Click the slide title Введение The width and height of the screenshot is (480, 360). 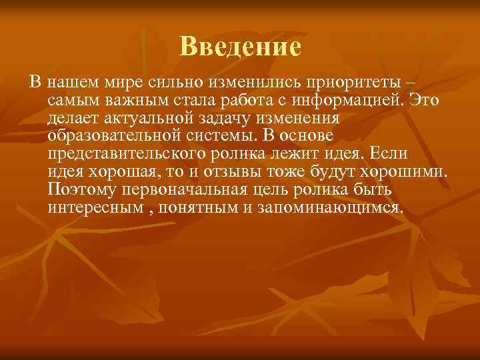pyautogui.click(x=240, y=47)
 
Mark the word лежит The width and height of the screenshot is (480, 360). pyautogui.click(x=310, y=154)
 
